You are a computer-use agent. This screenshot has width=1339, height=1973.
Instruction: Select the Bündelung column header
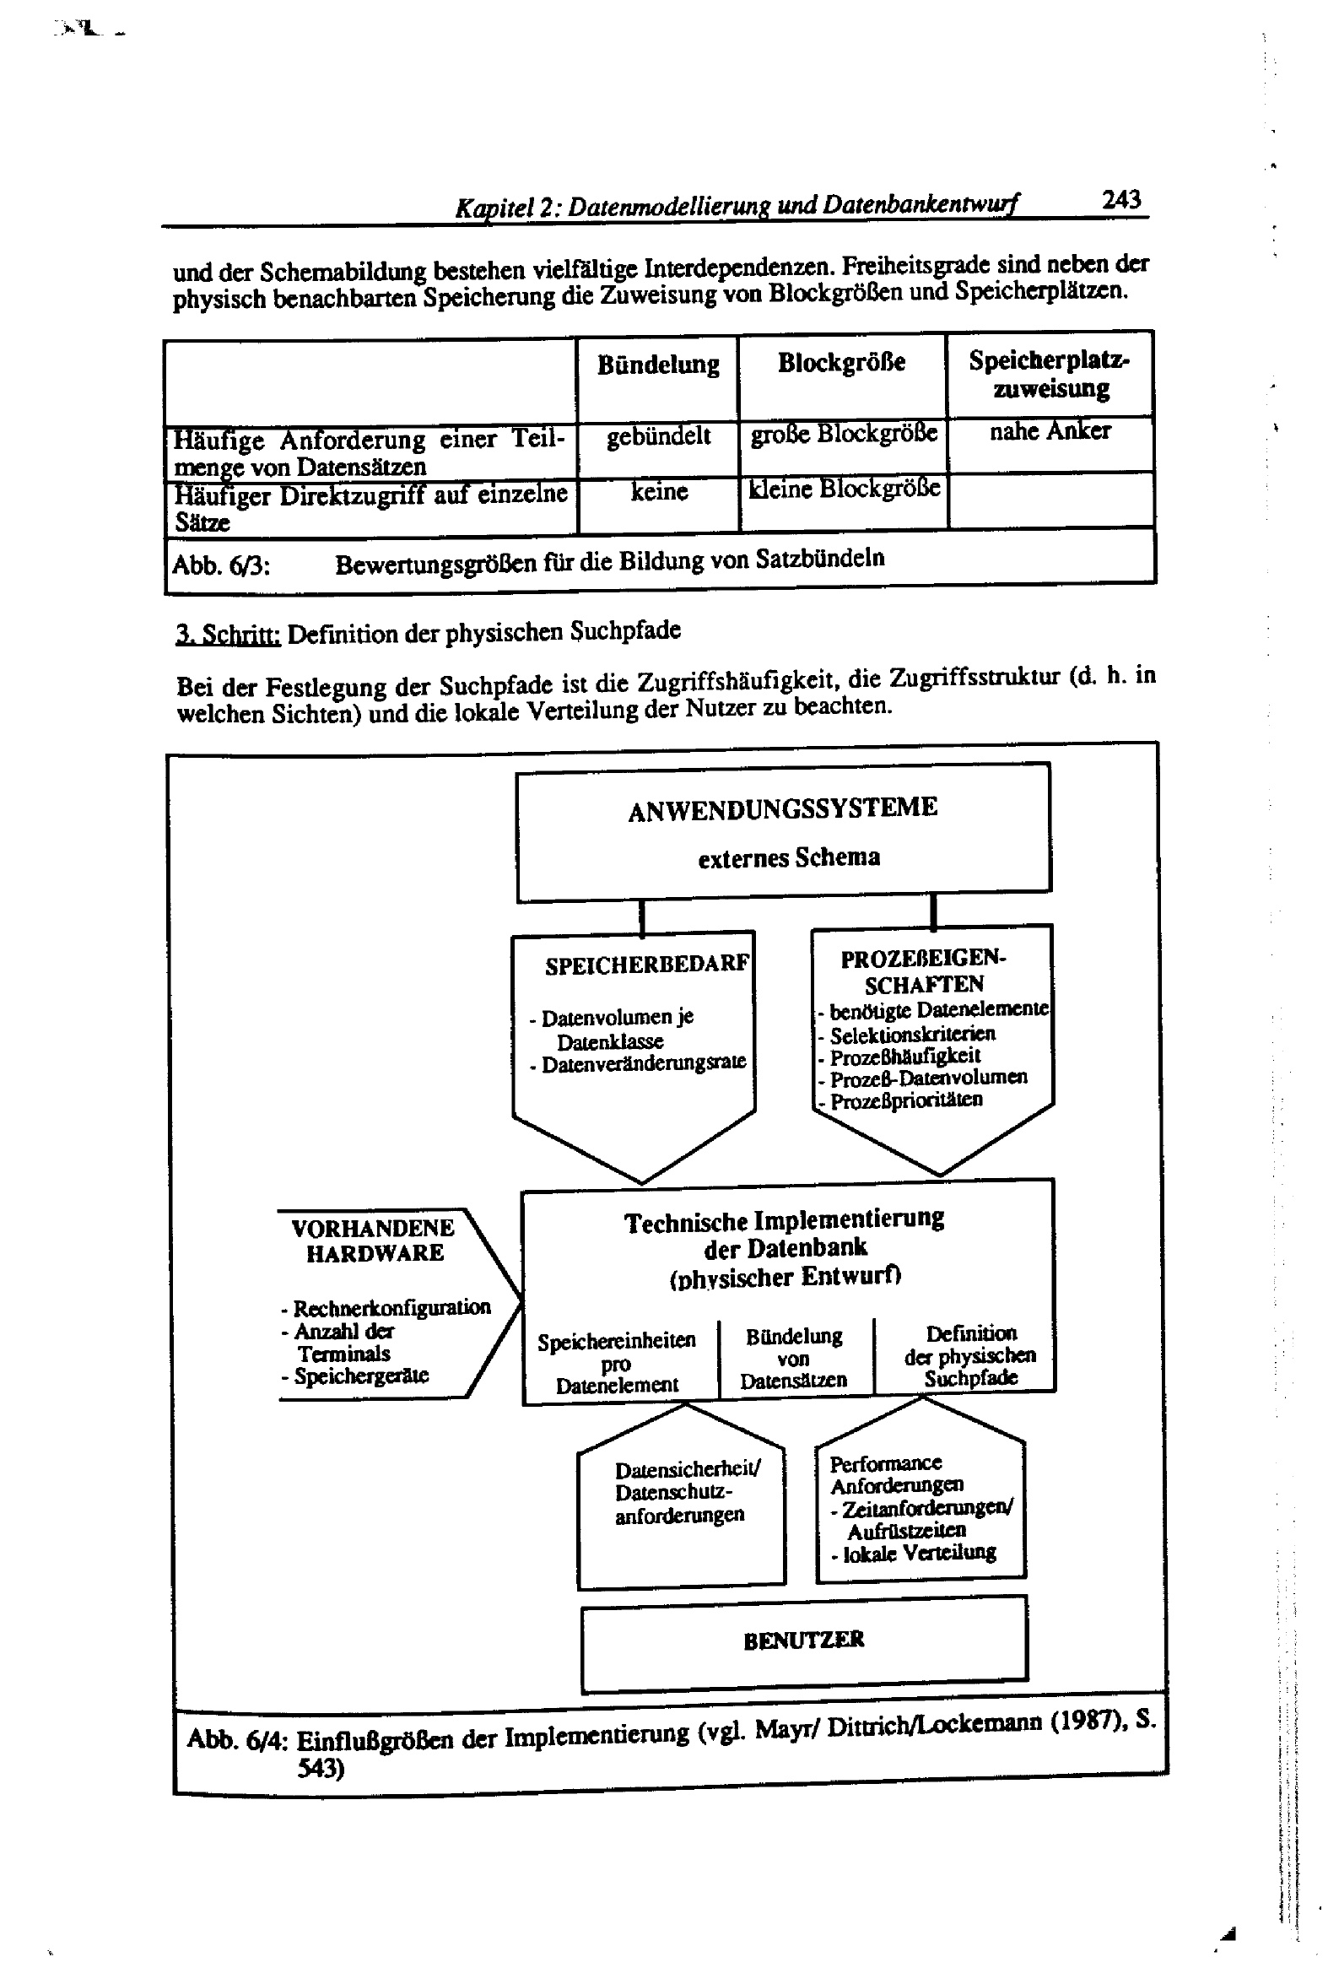click(x=658, y=365)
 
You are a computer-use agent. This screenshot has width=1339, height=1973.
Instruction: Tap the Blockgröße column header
click(x=841, y=363)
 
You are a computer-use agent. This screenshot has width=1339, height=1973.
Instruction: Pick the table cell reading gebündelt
click(x=658, y=436)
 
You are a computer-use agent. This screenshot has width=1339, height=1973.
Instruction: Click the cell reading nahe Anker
click(x=1050, y=431)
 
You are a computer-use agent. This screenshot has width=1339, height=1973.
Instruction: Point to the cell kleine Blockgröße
click(x=844, y=489)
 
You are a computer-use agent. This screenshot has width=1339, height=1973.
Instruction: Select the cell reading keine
click(x=659, y=491)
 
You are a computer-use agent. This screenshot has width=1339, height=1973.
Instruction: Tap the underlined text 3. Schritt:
click(x=229, y=635)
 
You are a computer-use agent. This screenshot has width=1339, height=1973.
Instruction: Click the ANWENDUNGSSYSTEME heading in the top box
click(x=782, y=808)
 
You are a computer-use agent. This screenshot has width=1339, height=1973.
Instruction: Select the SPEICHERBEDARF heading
click(x=647, y=965)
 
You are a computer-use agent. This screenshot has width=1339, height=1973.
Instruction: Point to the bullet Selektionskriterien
click(x=912, y=1035)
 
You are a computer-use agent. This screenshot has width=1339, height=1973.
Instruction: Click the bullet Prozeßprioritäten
click(x=906, y=1100)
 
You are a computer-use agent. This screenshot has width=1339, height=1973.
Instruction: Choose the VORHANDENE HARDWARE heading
click(x=374, y=1241)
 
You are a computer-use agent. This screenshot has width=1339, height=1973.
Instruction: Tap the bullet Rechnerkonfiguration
click(x=391, y=1307)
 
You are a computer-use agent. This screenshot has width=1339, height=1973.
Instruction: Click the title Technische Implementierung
click(x=784, y=1221)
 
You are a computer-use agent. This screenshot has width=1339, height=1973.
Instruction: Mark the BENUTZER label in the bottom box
click(x=803, y=1640)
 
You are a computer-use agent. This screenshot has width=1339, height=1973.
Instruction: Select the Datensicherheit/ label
click(x=688, y=1469)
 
